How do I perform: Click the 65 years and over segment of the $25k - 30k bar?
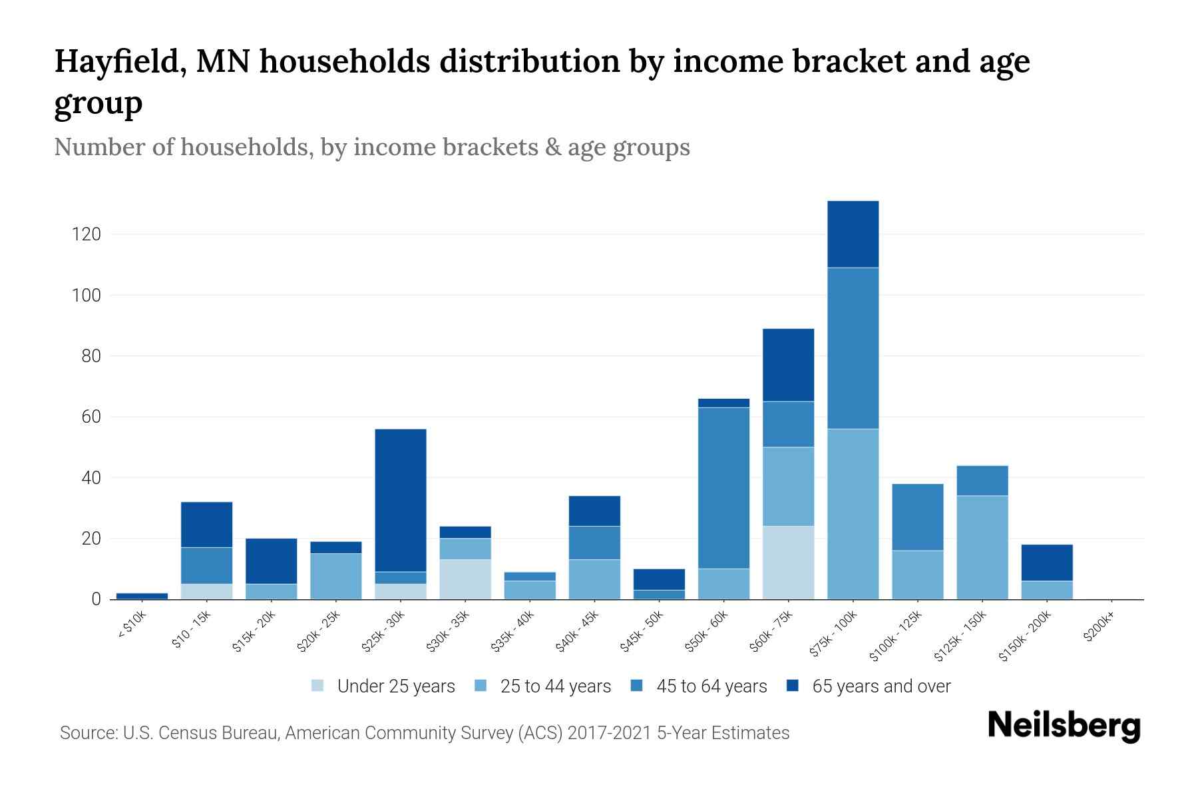(401, 499)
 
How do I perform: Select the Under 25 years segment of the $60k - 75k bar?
(788, 563)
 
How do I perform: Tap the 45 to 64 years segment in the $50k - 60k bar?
(723, 487)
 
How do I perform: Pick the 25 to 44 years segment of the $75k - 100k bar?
(853, 514)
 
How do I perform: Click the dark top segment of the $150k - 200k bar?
(1047, 563)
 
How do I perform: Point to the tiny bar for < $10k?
(142, 596)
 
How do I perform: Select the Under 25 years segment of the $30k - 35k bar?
(465, 579)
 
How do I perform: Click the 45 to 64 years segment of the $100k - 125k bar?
(917, 517)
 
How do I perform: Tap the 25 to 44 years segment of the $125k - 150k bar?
(982, 547)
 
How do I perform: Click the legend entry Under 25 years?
(395, 686)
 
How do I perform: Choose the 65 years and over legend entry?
(881, 686)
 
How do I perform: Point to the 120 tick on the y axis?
(87, 234)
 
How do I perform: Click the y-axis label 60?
(91, 417)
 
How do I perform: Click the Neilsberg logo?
(1064, 726)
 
